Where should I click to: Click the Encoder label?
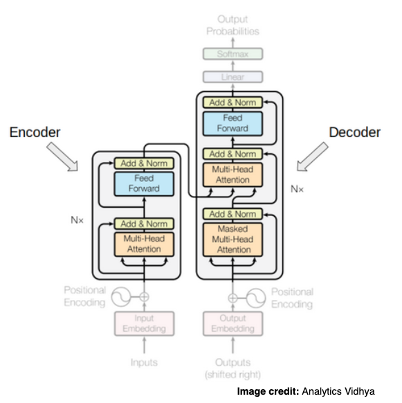pyautogui.click(x=36, y=132)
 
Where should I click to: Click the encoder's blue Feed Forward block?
pyautogui.click(x=143, y=183)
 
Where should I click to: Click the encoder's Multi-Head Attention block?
pyautogui.click(x=143, y=244)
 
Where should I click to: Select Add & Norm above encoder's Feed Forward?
pyautogui.click(x=143, y=163)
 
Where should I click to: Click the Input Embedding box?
pyautogui.click(x=143, y=324)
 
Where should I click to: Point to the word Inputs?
pyautogui.click(x=143, y=362)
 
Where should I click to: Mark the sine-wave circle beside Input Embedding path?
pyautogui.click(x=121, y=297)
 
